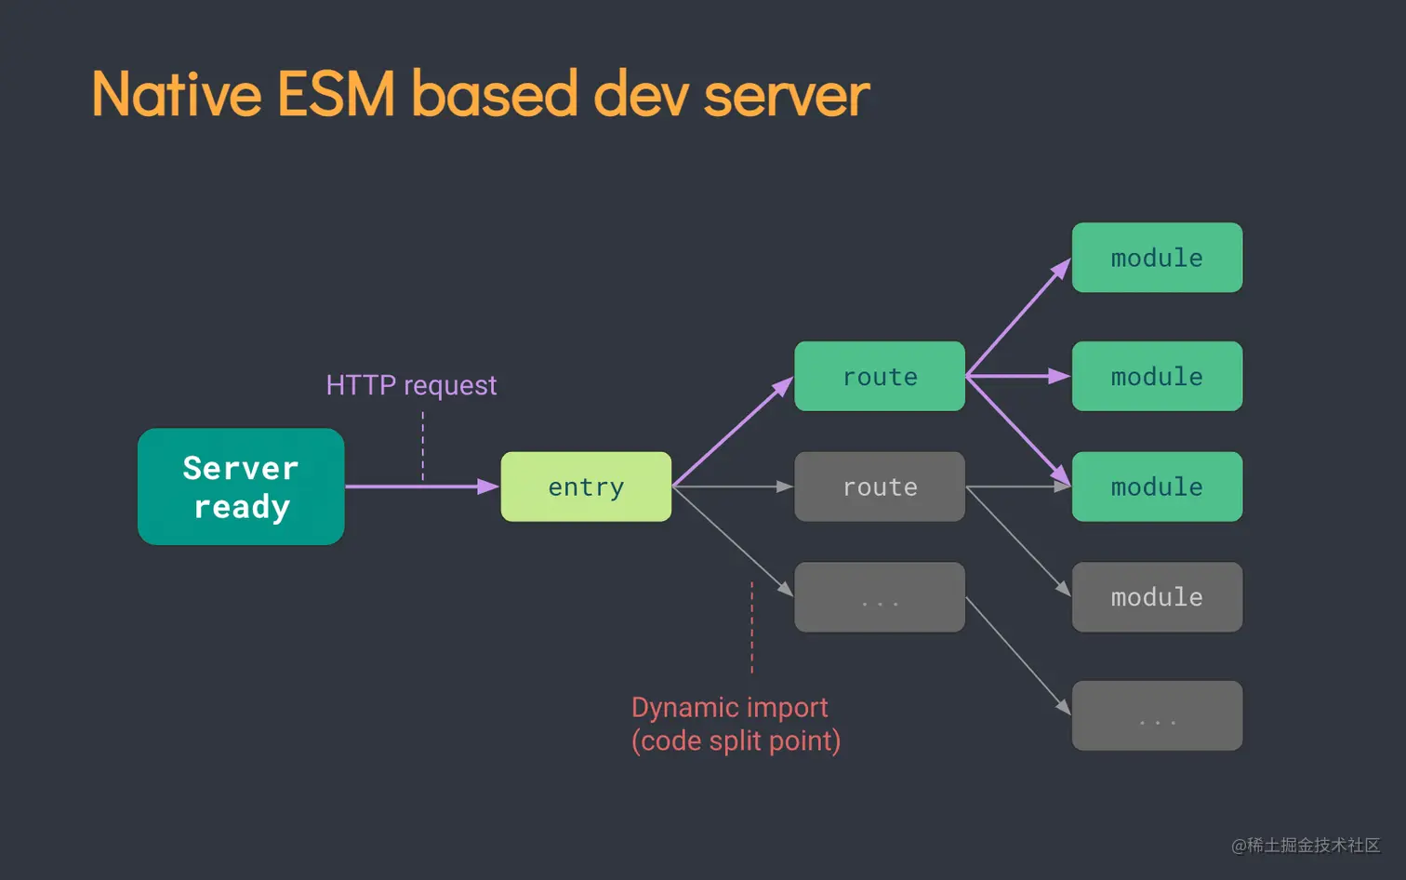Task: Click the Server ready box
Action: coord(241,487)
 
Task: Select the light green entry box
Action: coord(586,487)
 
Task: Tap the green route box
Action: coord(880,377)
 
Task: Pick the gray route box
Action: coord(880,487)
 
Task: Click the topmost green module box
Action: coord(1157,258)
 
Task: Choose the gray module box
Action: coord(1157,597)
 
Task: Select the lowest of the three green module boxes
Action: coord(1157,487)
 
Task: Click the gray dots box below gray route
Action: coord(880,597)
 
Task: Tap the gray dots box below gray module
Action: coord(1157,716)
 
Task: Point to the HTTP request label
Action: coord(411,385)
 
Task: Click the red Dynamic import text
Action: coord(730,708)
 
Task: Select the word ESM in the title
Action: coord(337,95)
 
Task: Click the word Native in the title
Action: coord(177,95)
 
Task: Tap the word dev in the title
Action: coord(642,95)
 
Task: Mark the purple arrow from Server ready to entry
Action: coord(418,487)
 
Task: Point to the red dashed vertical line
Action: coord(752,628)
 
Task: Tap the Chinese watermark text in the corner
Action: coord(1306,845)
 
